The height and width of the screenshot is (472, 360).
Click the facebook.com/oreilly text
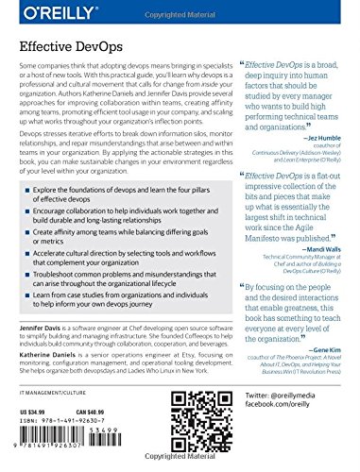coord(272,430)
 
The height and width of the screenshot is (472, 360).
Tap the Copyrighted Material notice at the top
coord(180,6)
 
